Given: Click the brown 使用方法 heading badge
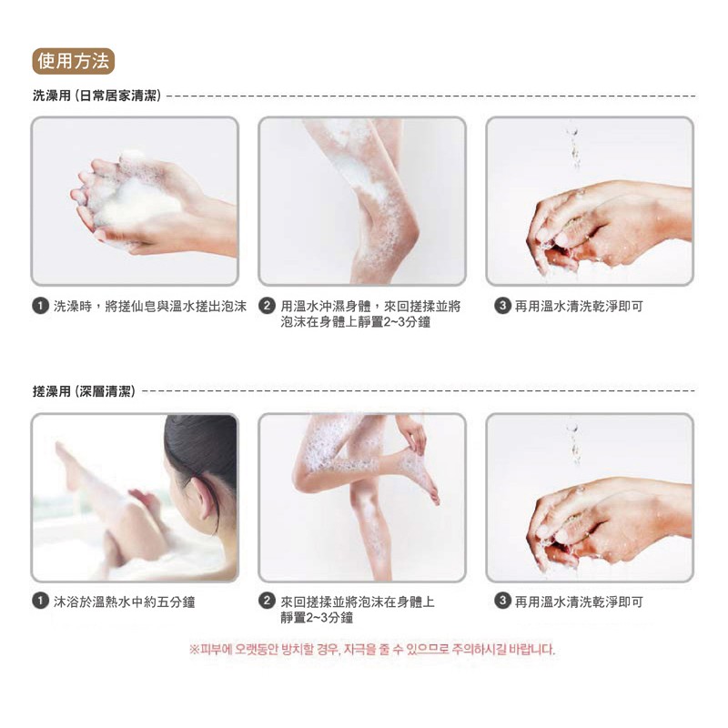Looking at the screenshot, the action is [74, 61].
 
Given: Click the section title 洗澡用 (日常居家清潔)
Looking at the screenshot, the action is [97, 96].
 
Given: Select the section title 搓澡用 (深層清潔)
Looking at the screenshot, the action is [84, 391].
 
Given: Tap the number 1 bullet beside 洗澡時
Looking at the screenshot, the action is [40, 307].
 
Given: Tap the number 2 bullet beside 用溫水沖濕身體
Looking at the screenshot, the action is [267, 306].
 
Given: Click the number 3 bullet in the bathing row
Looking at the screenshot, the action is [502, 306].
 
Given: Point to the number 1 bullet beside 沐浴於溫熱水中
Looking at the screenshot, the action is [40, 602].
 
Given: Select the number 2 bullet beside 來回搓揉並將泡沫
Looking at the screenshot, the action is [267, 602].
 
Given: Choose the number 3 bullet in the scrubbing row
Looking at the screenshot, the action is [502, 602].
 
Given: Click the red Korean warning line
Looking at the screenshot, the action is [372, 649].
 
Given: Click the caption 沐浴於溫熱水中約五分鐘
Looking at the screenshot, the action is [124, 602].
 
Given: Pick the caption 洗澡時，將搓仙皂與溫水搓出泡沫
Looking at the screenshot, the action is [149, 307].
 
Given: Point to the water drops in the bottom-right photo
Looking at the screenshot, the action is [575, 443].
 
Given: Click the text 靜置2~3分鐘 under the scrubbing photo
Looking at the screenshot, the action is [317, 618].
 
